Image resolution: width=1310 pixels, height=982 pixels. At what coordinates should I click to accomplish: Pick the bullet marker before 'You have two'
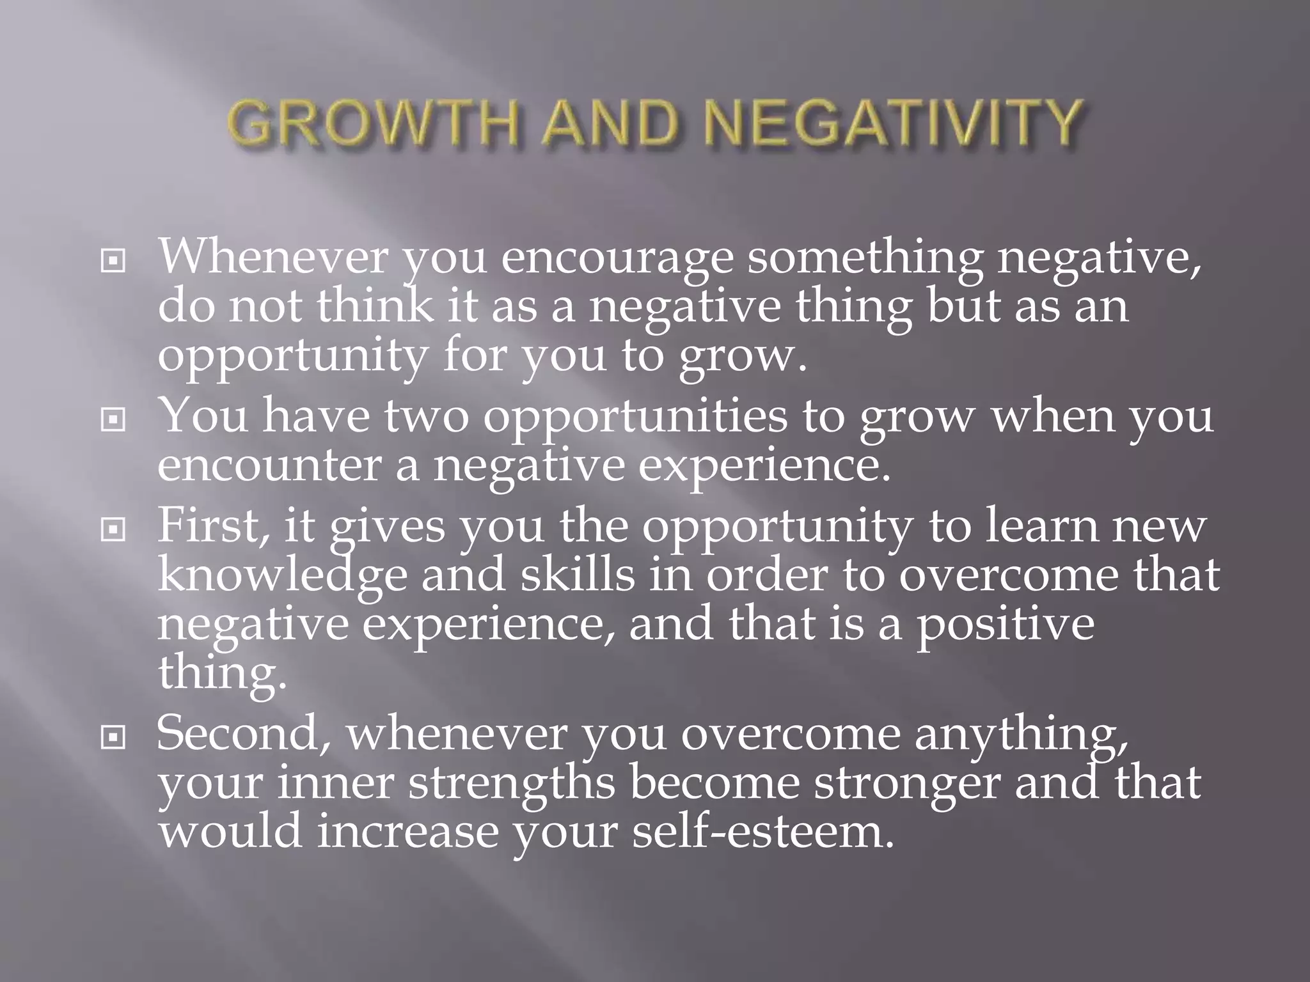[x=113, y=420]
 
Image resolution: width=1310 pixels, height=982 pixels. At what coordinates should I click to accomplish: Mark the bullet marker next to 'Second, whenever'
[x=113, y=738]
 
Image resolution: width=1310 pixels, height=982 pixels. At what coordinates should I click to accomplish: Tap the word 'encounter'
[x=269, y=465]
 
